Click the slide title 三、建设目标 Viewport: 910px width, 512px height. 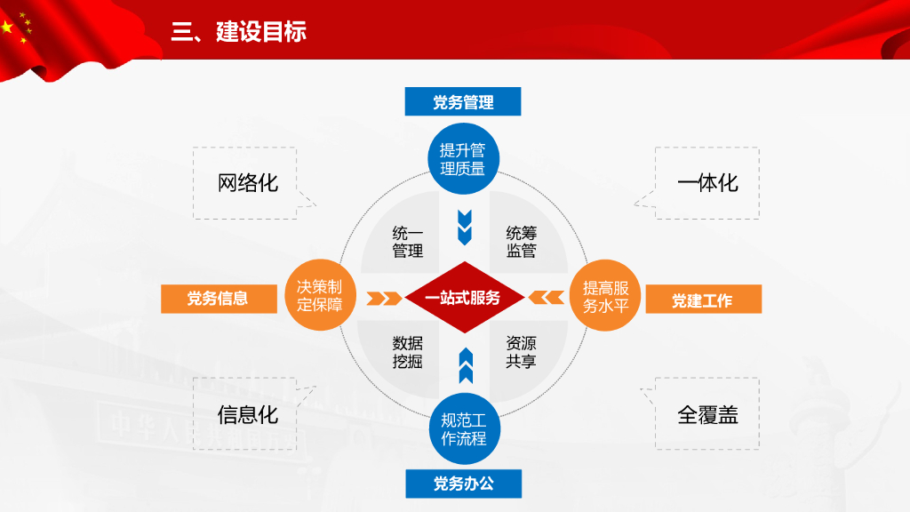pos(239,32)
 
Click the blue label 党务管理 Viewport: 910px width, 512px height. pos(463,102)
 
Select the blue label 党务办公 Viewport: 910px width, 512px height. pos(463,484)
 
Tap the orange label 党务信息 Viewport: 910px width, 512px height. pos(217,299)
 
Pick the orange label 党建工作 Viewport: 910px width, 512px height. pos(702,300)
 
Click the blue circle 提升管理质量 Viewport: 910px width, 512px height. pos(463,159)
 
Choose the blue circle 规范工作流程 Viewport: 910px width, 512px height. pos(463,428)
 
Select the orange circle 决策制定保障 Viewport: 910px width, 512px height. pos(319,296)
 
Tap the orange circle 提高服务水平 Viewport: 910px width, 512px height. pos(605,297)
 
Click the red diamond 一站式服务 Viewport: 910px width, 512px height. pos(463,297)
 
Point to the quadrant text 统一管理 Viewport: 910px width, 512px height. pos(408,242)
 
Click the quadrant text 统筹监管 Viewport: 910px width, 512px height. pos(521,242)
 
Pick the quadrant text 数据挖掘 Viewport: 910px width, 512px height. pos(408,352)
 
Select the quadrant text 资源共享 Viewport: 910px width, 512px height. pos(521,352)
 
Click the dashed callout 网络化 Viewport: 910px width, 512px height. pos(247,183)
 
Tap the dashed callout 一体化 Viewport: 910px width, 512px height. pos(707,183)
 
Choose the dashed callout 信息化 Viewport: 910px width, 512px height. pos(247,414)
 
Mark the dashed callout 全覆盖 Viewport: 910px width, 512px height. pos(707,414)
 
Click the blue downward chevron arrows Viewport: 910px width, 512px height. pos(463,227)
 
